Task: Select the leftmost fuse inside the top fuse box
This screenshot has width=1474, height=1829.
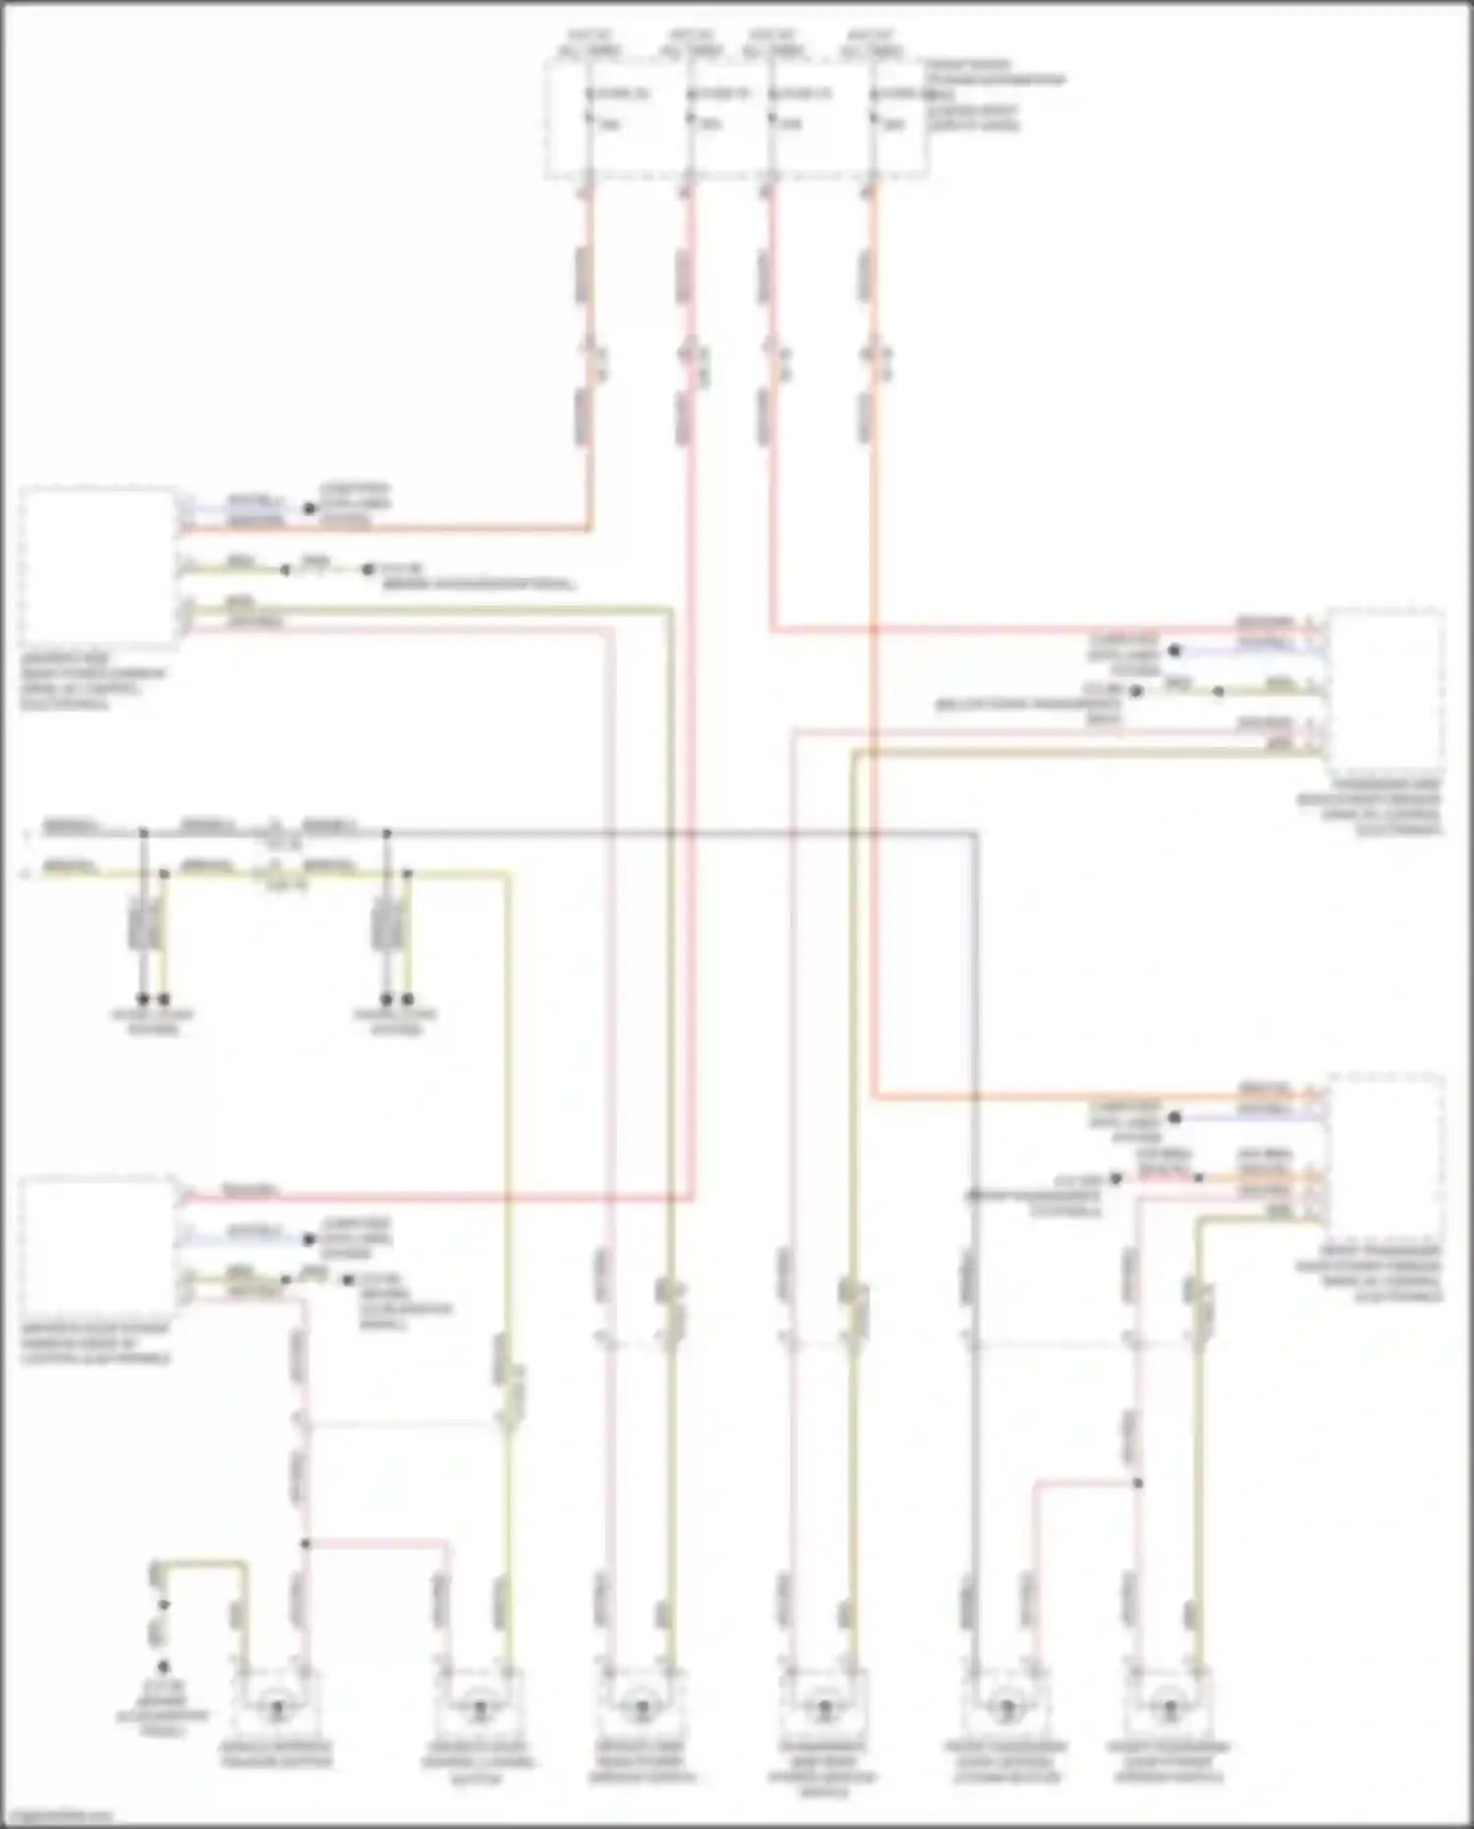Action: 590,108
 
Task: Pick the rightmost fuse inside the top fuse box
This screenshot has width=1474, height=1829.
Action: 874,108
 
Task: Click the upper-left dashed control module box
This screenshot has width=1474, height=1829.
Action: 98,567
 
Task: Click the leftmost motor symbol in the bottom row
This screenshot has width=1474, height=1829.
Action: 277,1710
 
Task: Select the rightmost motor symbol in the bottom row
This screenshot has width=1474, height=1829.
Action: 1167,1710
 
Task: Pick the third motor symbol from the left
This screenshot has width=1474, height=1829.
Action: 641,1710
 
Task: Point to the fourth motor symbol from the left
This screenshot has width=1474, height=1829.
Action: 823,1710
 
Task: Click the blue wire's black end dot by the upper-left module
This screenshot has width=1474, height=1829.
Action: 309,509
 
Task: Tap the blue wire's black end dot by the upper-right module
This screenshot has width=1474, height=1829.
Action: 1173,651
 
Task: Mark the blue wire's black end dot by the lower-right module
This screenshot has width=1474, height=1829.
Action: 1173,1117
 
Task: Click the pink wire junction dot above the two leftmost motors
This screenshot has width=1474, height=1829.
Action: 305,1543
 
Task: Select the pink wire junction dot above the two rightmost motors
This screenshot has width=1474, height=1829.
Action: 1138,1482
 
